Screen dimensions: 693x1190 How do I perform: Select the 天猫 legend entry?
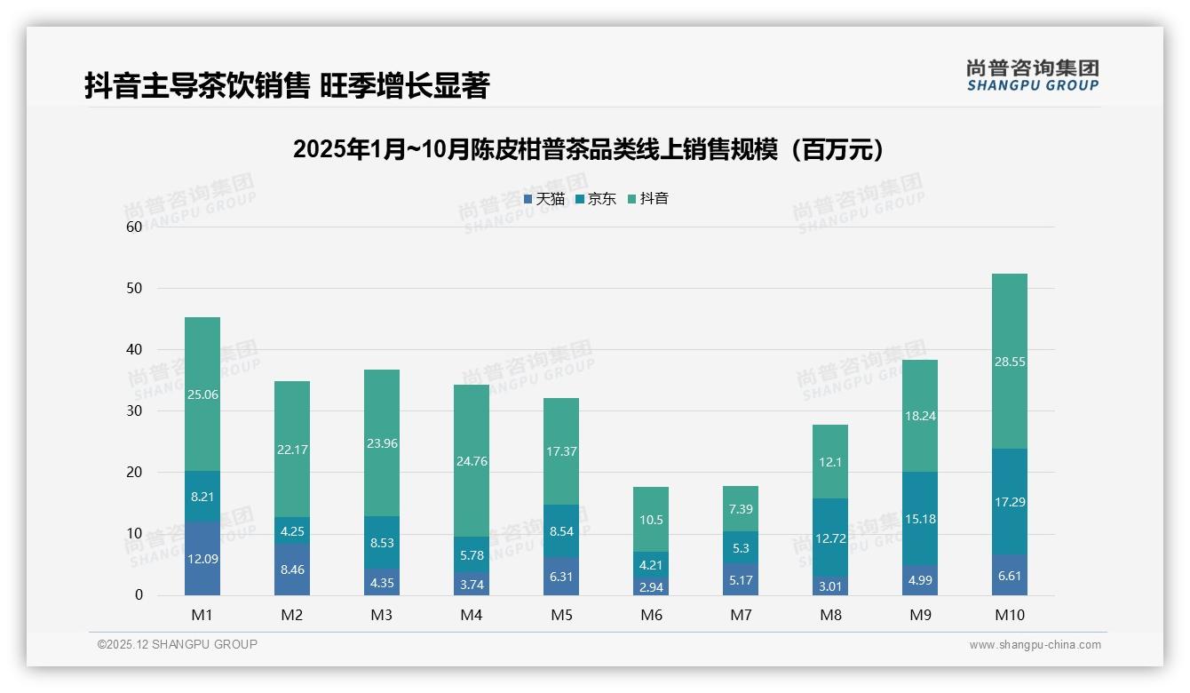[543, 199]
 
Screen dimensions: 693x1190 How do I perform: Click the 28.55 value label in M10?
[1009, 362]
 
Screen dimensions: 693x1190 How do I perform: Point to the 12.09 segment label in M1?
[202, 559]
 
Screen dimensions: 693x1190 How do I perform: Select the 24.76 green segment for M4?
[471, 461]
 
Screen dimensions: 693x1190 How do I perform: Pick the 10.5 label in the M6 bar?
[651, 520]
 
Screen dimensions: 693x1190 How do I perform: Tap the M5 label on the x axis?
[560, 615]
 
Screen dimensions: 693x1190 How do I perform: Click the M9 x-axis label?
[919, 615]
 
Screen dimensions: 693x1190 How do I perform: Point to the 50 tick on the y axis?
[134, 289]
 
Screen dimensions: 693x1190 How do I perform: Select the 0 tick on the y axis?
[139, 595]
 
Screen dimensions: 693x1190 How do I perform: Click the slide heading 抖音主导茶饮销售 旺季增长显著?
[287, 86]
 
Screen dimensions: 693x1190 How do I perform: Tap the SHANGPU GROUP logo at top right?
[1032, 76]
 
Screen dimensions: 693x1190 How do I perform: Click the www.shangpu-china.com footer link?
[1035, 645]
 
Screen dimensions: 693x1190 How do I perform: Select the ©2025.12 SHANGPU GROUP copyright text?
[178, 645]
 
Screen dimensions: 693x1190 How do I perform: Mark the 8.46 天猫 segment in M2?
[292, 570]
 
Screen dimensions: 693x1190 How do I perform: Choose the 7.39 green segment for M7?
[740, 508]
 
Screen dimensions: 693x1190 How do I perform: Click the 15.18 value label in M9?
[919, 519]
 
